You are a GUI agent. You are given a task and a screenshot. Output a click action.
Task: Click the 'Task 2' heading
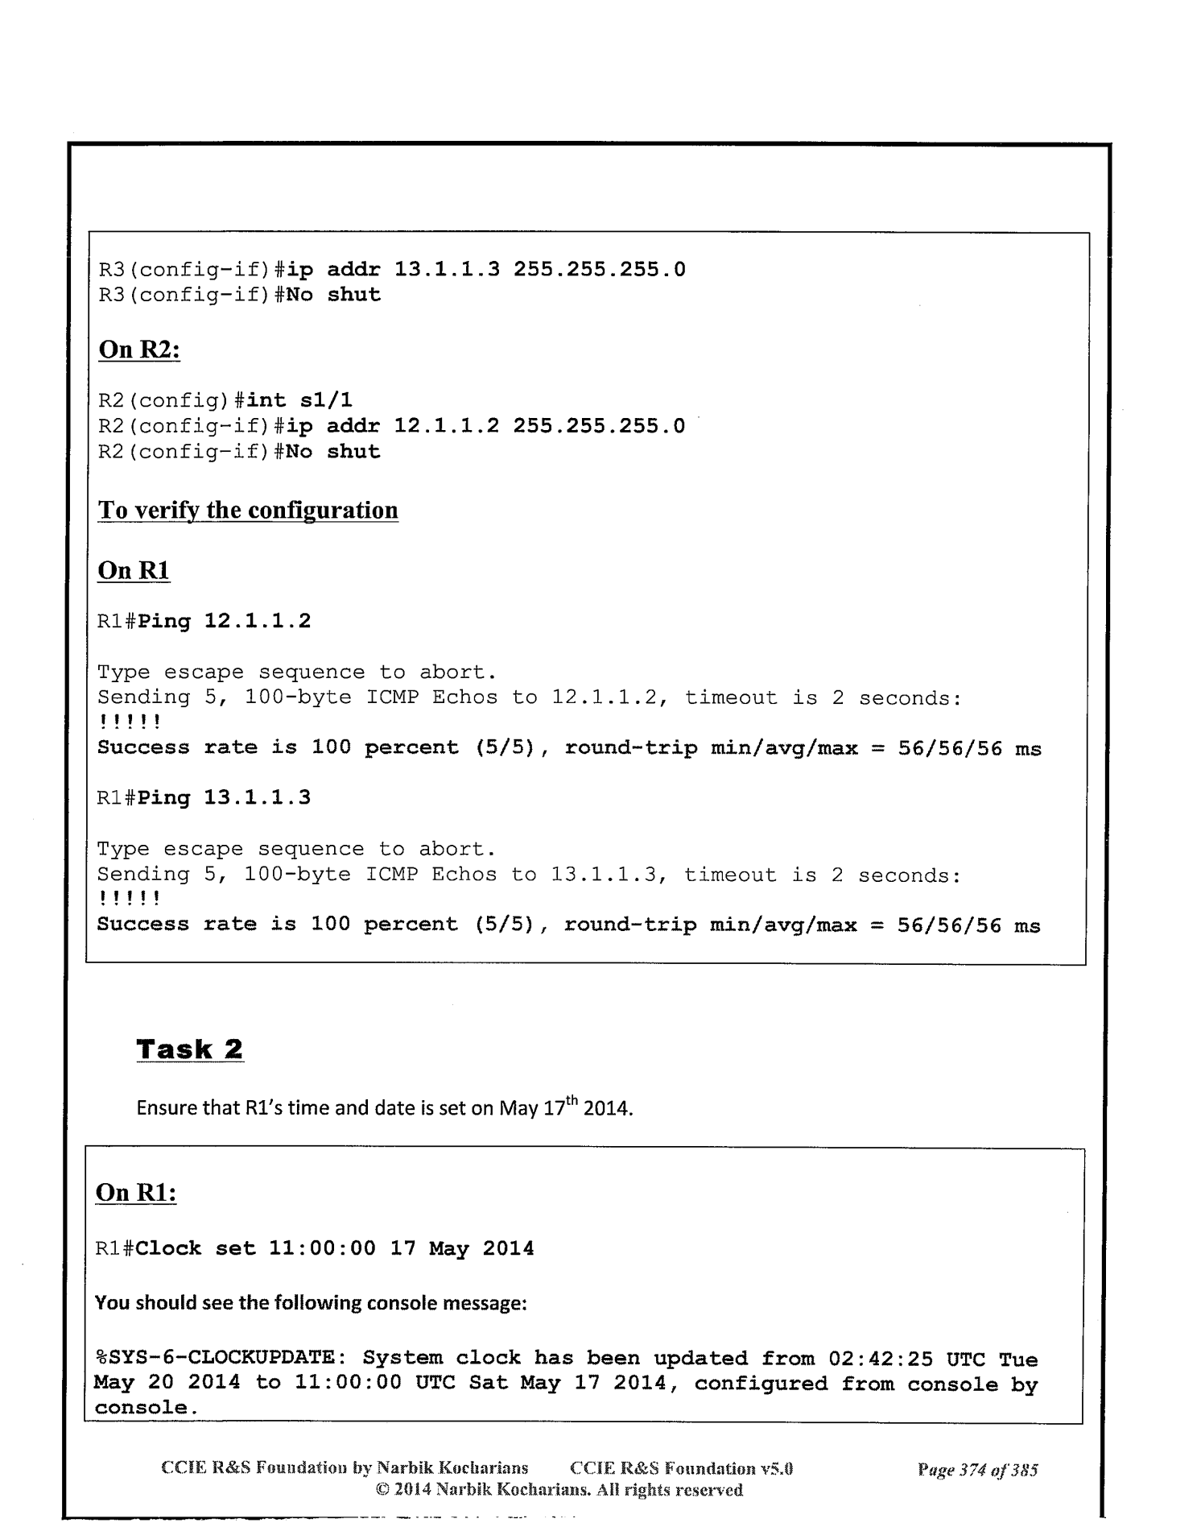[190, 1049]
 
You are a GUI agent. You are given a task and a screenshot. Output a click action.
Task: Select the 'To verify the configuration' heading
[248, 510]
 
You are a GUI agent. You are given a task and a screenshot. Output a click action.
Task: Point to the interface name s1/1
[326, 400]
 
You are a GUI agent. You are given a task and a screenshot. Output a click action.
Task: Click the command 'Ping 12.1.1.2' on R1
[225, 621]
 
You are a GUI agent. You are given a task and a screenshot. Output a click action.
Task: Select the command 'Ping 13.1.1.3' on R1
[225, 798]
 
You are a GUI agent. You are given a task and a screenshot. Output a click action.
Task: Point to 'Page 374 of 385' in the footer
[977, 1469]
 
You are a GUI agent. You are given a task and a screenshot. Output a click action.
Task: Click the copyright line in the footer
[559, 1490]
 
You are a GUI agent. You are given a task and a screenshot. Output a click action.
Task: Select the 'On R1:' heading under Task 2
[135, 1193]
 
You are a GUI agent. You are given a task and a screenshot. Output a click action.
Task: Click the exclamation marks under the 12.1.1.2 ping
[129, 722]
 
